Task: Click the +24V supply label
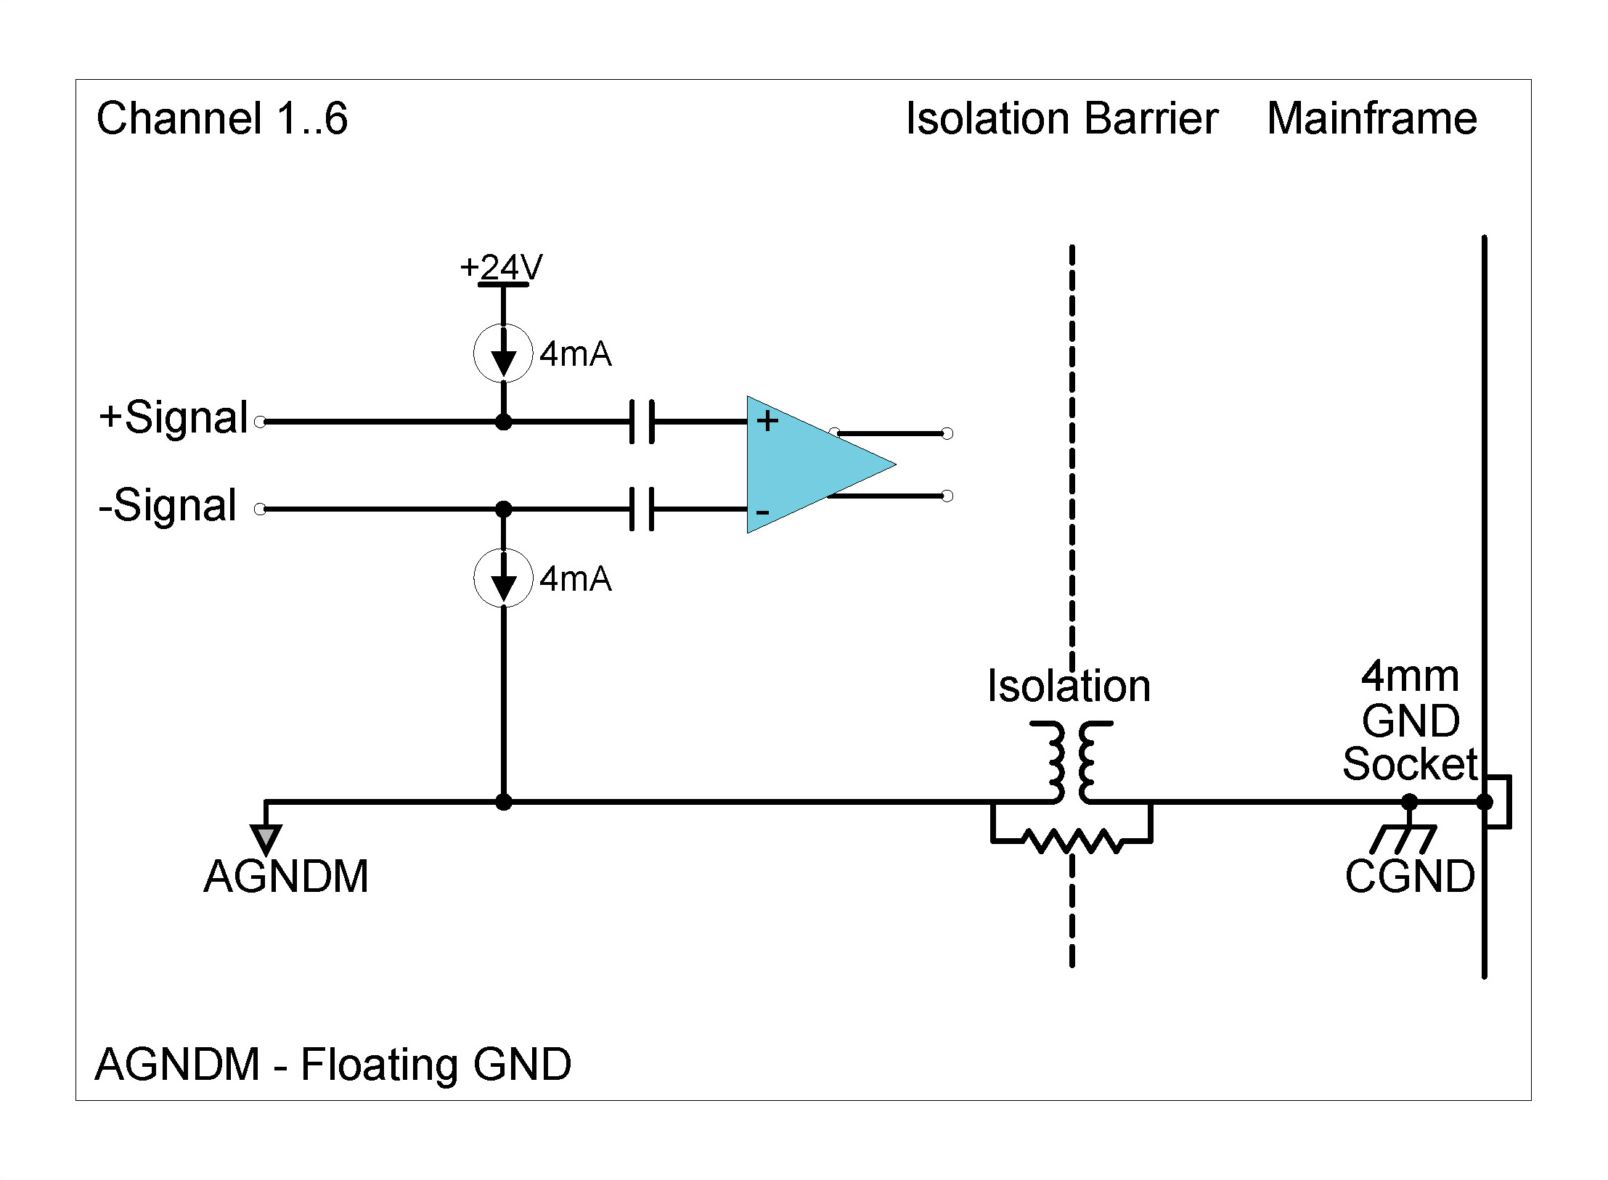tap(501, 267)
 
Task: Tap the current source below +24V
tap(503, 353)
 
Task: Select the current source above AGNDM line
tap(503, 578)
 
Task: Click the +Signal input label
tap(174, 418)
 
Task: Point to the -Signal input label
tap(168, 505)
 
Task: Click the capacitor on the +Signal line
tap(642, 421)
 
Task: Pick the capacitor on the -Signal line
tap(642, 509)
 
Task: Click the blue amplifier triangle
tap(806, 464)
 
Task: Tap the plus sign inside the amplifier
tap(767, 421)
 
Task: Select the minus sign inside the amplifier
tap(762, 512)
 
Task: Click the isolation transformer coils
tap(1071, 761)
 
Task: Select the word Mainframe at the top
tap(1371, 118)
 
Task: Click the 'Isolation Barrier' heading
tap(1061, 118)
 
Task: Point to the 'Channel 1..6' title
tap(222, 118)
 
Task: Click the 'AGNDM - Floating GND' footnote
tap(333, 1065)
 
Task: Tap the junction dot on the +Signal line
tap(503, 422)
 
